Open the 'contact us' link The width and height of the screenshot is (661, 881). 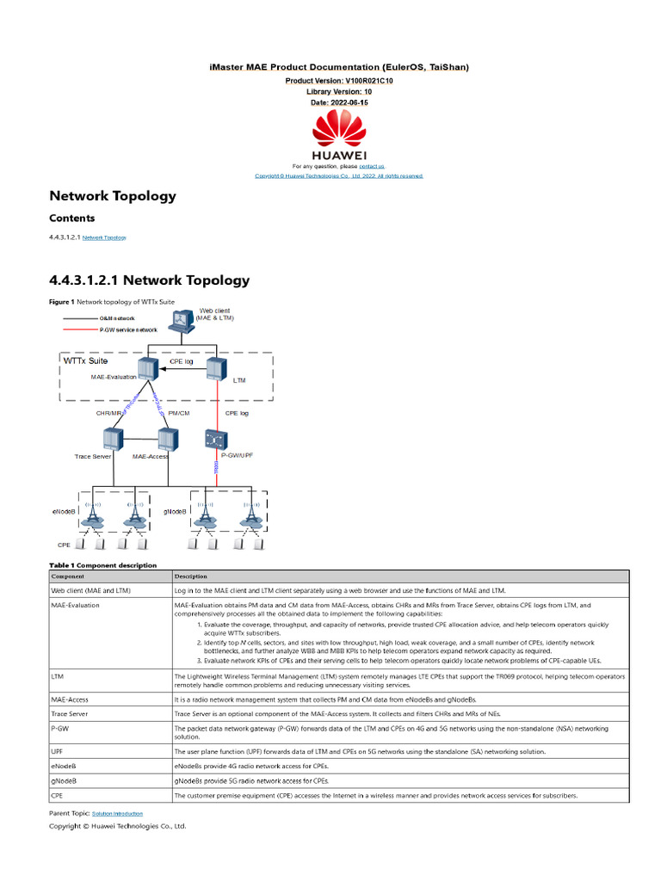pos(372,166)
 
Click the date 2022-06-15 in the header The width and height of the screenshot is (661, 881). pos(339,102)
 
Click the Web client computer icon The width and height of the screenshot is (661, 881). pos(181,321)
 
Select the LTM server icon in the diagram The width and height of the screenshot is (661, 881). pos(215,369)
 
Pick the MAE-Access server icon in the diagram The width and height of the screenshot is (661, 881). pos(167,438)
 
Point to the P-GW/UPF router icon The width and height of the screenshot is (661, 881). pos(215,438)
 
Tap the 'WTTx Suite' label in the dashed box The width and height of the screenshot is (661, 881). pos(86,361)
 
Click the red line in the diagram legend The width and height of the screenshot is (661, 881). pos(78,330)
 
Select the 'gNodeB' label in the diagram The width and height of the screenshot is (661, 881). pos(176,511)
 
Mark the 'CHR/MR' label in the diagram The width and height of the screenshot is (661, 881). pos(108,413)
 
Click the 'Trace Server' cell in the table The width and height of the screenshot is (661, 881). pos(70,713)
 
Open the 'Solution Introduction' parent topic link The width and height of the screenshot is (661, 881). pos(117,813)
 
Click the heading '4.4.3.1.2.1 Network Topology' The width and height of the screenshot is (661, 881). pos(150,280)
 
